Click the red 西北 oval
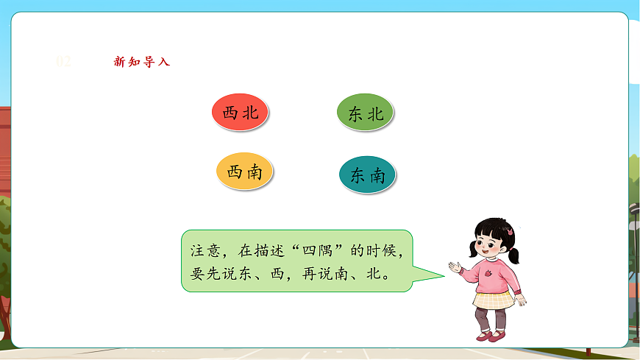[240, 113]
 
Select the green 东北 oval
[366, 113]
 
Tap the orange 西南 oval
[244, 172]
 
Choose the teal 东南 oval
[367, 175]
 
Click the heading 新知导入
[142, 62]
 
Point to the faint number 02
[64, 62]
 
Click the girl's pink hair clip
[509, 231]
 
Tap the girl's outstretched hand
[455, 266]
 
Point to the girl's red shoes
[491, 336]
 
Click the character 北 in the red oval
[251, 113]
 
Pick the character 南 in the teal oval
[377, 175]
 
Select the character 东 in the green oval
[355, 114]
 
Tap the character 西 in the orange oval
[234, 172]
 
